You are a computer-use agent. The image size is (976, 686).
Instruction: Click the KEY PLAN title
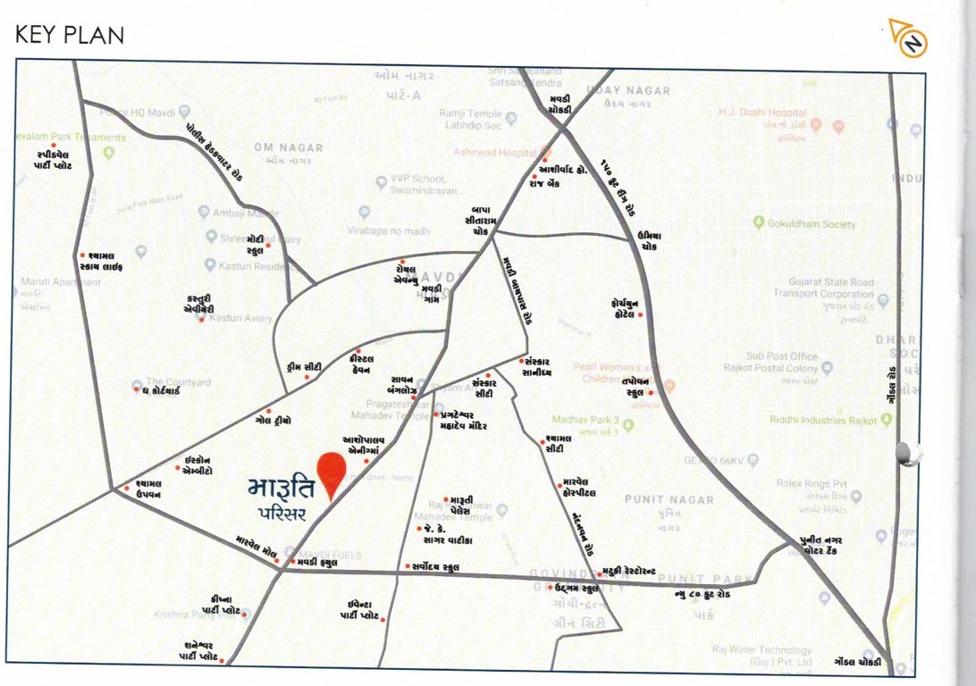click(x=69, y=35)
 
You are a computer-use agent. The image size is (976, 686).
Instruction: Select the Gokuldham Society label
click(x=812, y=224)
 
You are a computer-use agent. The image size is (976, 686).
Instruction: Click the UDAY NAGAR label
click(x=628, y=91)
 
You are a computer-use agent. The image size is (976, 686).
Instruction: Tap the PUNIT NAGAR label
click(x=669, y=499)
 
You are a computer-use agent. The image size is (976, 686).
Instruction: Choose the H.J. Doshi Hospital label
click(x=762, y=113)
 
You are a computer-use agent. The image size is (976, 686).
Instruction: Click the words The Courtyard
click(x=179, y=382)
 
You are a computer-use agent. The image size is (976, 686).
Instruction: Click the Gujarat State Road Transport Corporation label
click(x=823, y=288)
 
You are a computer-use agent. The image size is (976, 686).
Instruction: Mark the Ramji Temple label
click(x=471, y=114)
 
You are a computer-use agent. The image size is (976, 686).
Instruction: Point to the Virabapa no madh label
click(x=388, y=230)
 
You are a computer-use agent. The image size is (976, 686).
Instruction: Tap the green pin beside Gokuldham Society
click(x=758, y=222)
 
